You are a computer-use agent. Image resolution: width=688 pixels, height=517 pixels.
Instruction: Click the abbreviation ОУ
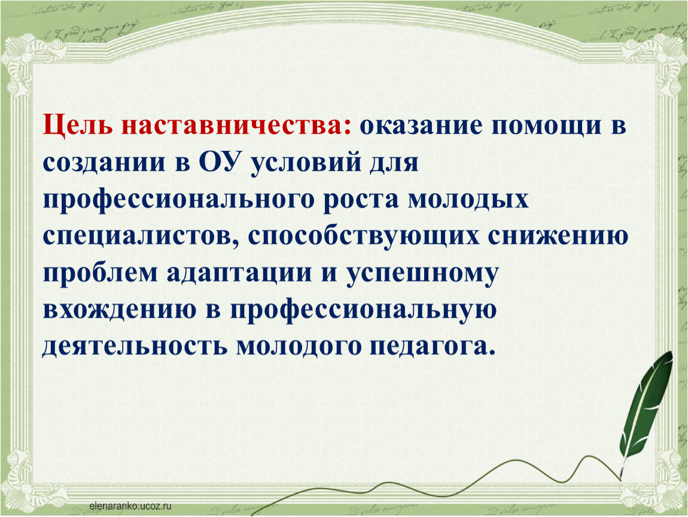(221, 162)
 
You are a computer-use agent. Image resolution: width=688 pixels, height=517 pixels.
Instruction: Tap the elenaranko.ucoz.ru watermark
(130, 506)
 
